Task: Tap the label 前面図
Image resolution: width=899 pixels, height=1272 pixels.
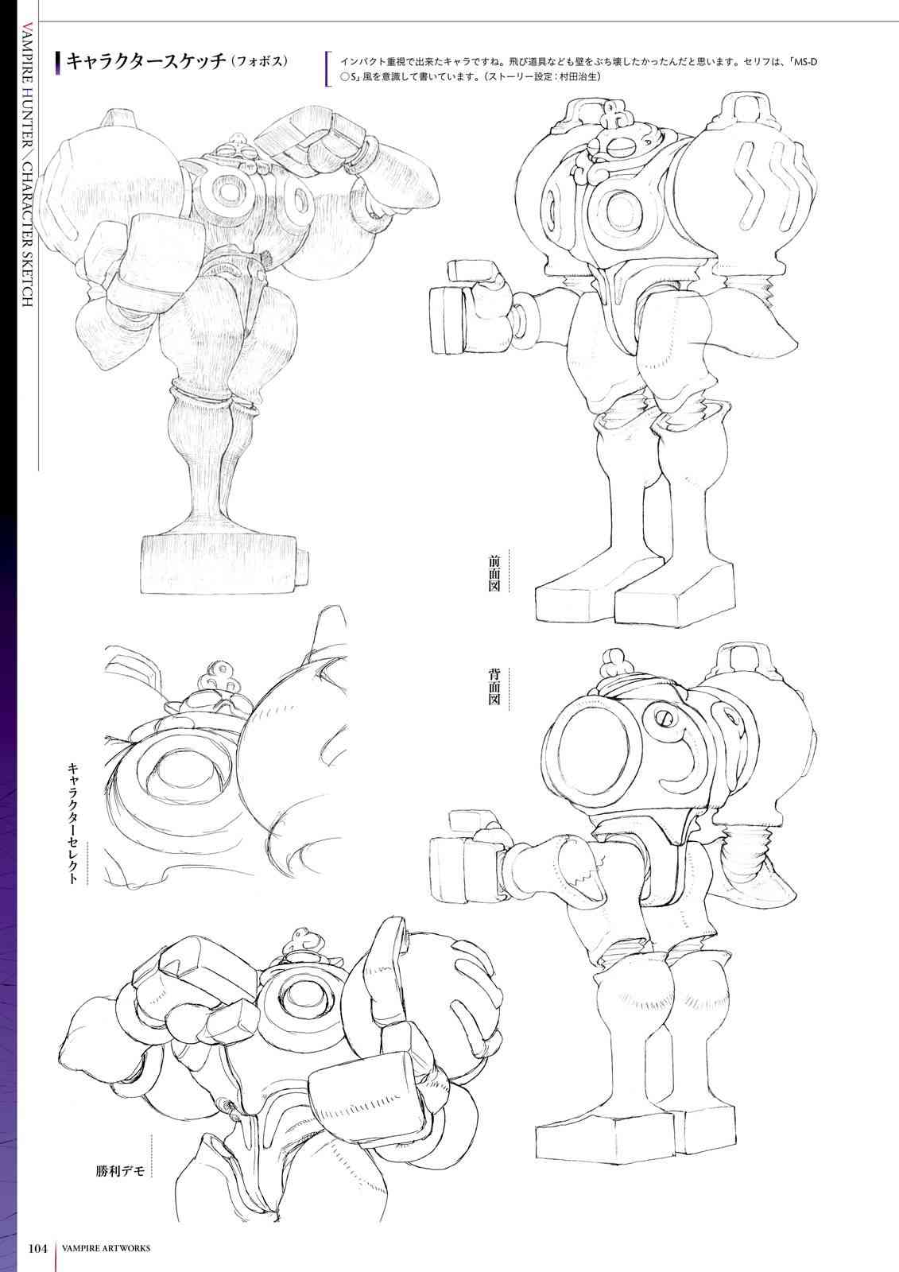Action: tap(494, 573)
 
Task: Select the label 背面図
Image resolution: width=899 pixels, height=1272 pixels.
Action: tap(494, 687)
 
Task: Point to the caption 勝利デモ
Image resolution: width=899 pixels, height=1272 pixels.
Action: tap(120, 1171)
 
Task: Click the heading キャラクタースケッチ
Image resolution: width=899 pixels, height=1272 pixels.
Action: tap(146, 60)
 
